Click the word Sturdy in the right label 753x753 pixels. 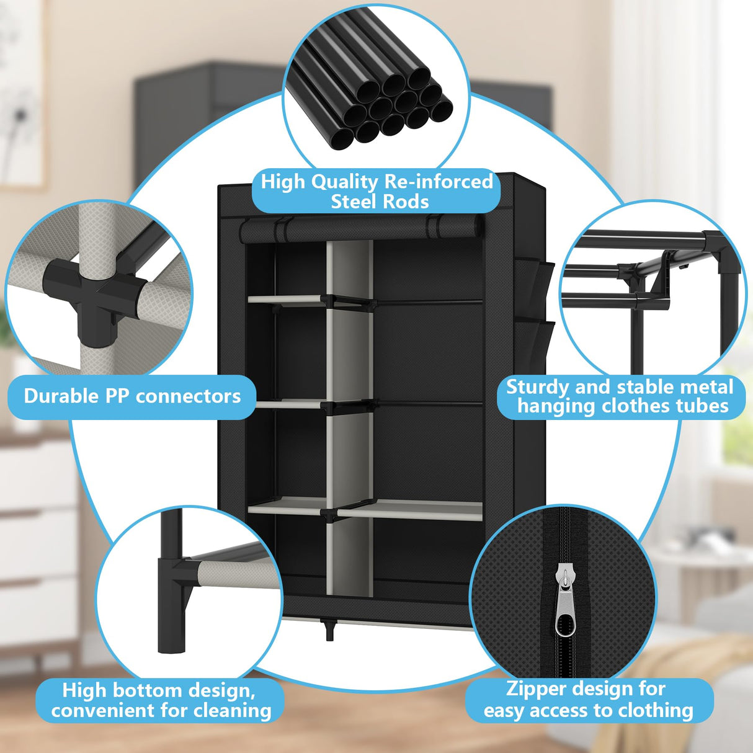point(538,387)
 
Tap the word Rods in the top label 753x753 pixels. point(406,202)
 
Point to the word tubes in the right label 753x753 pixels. point(702,406)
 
